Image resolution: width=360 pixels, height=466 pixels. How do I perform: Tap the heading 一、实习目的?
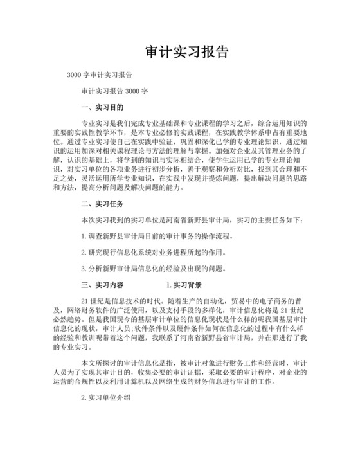point(102,107)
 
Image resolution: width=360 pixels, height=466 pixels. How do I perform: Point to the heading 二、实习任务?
point(102,205)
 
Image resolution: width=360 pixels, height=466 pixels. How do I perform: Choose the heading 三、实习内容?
point(102,284)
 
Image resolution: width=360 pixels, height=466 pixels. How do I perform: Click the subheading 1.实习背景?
point(184,284)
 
